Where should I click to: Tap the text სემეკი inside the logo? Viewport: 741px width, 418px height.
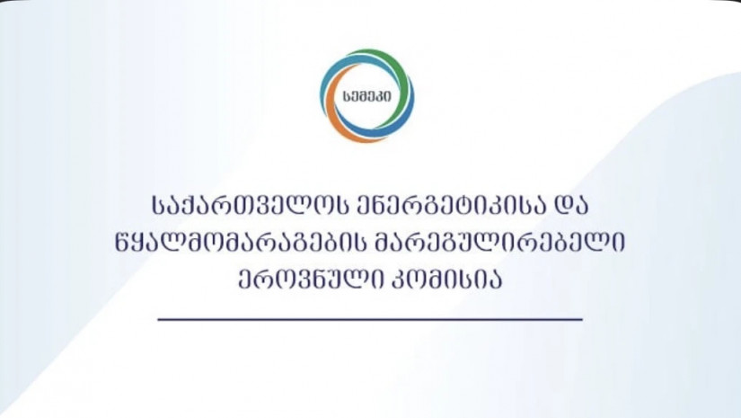point(367,96)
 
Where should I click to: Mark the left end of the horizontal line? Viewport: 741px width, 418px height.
point(158,320)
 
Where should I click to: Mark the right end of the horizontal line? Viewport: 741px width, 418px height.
point(583,320)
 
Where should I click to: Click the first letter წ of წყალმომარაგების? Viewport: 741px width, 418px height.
point(124,244)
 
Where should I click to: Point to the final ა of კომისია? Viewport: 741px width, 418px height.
point(493,280)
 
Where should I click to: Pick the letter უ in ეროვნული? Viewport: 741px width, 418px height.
point(331,280)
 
